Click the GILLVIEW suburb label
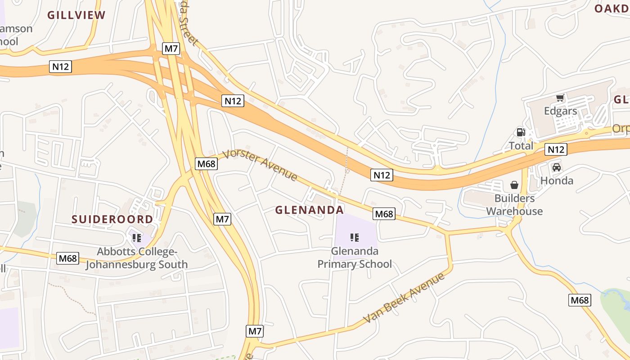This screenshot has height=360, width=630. pos(76,15)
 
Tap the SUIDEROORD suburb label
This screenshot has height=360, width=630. pos(112,220)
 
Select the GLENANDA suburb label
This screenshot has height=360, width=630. pos(309,210)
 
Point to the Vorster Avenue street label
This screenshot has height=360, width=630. pos(260,165)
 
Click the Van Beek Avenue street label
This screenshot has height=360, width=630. pos(404,297)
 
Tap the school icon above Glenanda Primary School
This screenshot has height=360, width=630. pos(355,237)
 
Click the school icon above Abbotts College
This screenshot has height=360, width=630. pos(137,238)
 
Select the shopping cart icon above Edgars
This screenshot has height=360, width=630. pos(560,98)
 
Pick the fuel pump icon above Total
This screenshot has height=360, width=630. pos(521,132)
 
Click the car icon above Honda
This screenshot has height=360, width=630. pos(557,167)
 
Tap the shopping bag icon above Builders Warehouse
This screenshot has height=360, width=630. pos(514,185)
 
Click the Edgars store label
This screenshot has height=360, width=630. pos(560,111)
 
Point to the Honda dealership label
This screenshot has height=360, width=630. pos(557,181)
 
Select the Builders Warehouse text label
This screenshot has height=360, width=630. pos(514,205)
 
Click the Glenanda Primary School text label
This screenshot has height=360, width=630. pos(355,257)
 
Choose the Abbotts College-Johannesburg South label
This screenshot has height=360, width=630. pos(137,258)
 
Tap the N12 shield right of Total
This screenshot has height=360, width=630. pos(556,149)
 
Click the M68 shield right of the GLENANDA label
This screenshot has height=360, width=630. pos(384,214)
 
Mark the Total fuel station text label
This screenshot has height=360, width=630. pos(521,146)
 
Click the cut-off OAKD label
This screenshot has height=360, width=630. pos(612,9)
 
